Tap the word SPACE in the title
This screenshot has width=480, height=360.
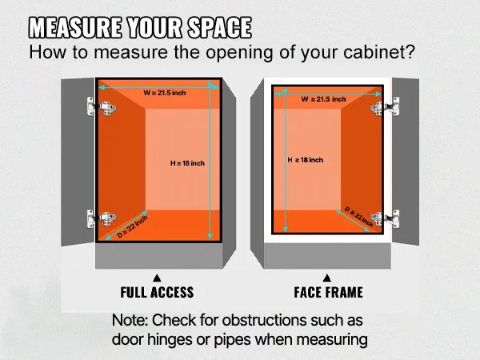point(218,28)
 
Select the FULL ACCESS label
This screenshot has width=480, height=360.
point(157,292)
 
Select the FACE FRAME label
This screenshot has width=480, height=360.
point(328,292)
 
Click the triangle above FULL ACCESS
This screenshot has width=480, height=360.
point(157,277)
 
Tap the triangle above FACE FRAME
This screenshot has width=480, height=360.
point(328,277)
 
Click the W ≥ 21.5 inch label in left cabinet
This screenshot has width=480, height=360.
point(166,93)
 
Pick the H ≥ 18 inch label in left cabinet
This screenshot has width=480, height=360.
point(187,163)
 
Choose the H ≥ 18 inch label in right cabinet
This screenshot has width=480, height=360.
point(305,160)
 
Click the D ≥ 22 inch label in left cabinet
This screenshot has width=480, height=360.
point(133,228)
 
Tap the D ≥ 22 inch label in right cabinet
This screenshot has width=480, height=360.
point(359,215)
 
